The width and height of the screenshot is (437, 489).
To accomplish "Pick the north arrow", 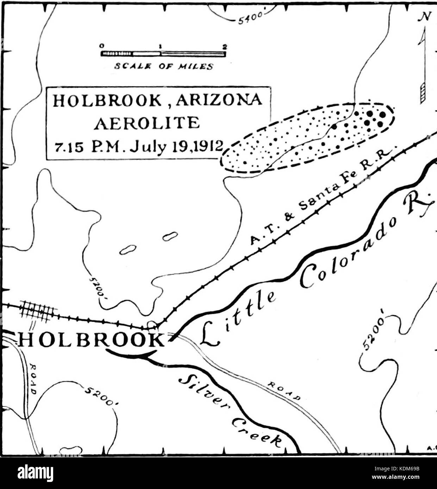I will (423, 67).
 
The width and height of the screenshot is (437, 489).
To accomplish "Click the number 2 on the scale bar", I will (224, 46).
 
